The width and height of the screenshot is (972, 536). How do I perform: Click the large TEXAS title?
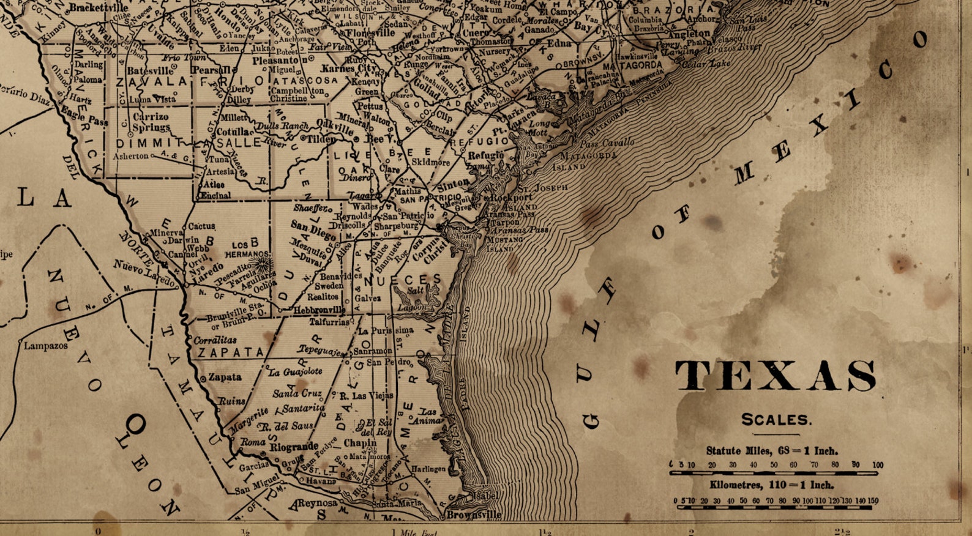776,376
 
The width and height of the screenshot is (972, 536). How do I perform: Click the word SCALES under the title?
776,420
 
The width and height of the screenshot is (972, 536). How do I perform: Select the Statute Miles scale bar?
776,473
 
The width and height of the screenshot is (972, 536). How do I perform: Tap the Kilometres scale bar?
776,507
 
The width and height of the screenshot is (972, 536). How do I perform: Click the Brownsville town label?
474,515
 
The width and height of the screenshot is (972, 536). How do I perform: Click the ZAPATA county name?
231,352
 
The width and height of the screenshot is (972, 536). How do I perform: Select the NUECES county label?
402,280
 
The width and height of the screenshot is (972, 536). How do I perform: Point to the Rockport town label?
511,198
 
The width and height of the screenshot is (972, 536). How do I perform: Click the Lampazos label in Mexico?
46,346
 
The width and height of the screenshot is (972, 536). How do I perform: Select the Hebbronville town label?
319,310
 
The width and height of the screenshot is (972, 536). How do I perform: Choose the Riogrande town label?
294,446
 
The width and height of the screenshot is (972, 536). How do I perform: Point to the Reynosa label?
317,503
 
